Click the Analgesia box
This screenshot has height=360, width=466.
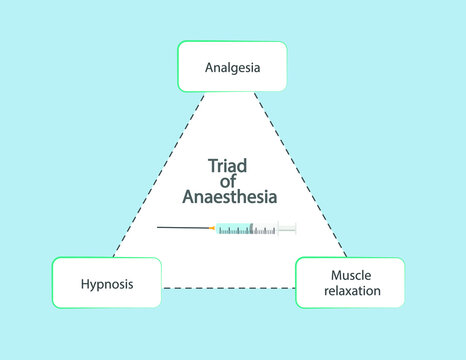232,67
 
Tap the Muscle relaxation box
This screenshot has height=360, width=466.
350,282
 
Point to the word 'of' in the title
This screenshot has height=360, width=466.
229,182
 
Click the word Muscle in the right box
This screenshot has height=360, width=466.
348,274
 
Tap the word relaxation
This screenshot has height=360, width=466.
350,291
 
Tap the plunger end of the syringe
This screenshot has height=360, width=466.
291,229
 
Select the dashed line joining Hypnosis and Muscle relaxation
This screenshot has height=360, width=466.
228,288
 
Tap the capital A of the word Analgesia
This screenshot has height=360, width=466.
208,68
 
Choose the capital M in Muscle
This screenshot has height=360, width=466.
332,274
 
